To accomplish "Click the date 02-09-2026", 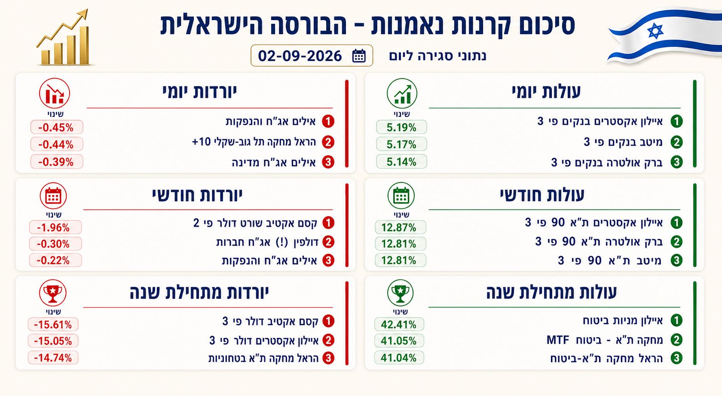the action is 300,56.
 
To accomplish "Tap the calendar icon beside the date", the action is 359,56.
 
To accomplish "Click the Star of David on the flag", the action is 655,31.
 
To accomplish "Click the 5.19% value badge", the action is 401,127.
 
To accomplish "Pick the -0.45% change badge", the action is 56,127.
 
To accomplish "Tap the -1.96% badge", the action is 55,228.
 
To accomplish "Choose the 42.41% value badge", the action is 399,324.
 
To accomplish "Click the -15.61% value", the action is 53,324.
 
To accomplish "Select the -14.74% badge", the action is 53,358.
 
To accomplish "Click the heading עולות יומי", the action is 546,92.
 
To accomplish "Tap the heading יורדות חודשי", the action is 197,195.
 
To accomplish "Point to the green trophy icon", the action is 400,293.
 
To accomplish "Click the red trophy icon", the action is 53,293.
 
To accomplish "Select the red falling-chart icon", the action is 55,93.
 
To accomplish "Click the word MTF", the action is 558,340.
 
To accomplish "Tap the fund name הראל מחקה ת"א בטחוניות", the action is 263,358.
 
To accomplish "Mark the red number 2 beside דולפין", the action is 328,242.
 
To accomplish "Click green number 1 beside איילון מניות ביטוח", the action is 676,320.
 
